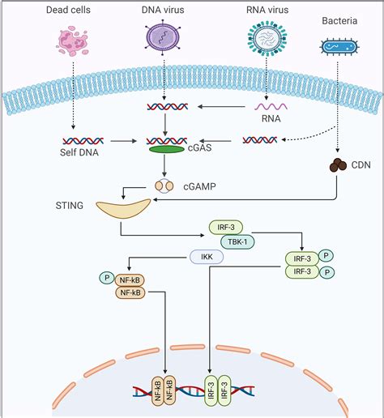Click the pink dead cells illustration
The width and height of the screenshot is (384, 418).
tap(72, 41)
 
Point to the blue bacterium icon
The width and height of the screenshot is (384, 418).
tap(339, 47)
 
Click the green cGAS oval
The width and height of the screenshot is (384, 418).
tap(167, 149)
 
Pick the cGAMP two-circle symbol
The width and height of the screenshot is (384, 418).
tap(164, 186)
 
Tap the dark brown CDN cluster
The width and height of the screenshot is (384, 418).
tap(338, 164)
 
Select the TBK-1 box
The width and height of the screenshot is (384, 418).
tap(237, 241)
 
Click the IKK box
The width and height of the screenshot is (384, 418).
tap(207, 257)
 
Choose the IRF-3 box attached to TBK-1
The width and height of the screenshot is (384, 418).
tap(226, 228)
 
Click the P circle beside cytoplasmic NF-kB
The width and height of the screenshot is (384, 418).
tap(107, 278)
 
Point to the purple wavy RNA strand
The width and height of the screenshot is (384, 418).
tap(271, 107)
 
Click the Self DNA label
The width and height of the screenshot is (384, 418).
tap(79, 152)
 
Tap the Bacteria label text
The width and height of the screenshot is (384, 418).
tap(339, 21)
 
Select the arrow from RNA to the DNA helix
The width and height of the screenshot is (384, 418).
tap(221, 107)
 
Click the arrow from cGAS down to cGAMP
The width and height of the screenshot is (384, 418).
tap(164, 165)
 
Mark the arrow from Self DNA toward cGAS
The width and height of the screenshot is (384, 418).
tap(123, 141)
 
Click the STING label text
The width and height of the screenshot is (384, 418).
tap(70, 206)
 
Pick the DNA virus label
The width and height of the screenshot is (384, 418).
tap(163, 10)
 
